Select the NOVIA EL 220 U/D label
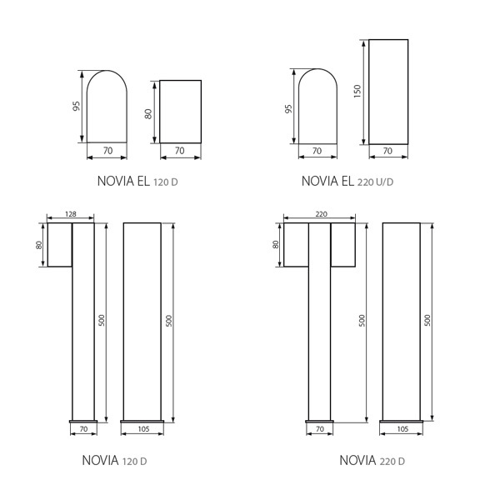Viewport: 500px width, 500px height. click(x=347, y=181)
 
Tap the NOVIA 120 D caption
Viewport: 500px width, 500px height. click(x=114, y=460)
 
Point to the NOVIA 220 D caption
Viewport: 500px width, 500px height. click(x=372, y=460)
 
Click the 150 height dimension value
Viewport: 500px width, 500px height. click(x=357, y=91)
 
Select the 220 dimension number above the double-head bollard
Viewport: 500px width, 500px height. click(x=322, y=214)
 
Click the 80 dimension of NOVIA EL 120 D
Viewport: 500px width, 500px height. click(x=148, y=112)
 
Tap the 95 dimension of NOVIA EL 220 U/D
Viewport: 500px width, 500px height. click(x=289, y=108)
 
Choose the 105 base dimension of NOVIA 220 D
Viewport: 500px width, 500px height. click(x=400, y=429)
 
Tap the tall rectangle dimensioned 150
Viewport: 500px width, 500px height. click(x=388, y=92)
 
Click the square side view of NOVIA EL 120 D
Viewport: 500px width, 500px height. click(x=180, y=112)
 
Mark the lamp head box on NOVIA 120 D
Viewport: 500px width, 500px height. click(x=60, y=245)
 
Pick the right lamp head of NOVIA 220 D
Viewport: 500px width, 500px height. click(x=343, y=245)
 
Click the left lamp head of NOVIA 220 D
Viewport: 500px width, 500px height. click(x=296, y=245)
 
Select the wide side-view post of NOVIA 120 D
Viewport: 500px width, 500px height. click(x=142, y=321)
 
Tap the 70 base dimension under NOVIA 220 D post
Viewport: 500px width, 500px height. click(x=320, y=429)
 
